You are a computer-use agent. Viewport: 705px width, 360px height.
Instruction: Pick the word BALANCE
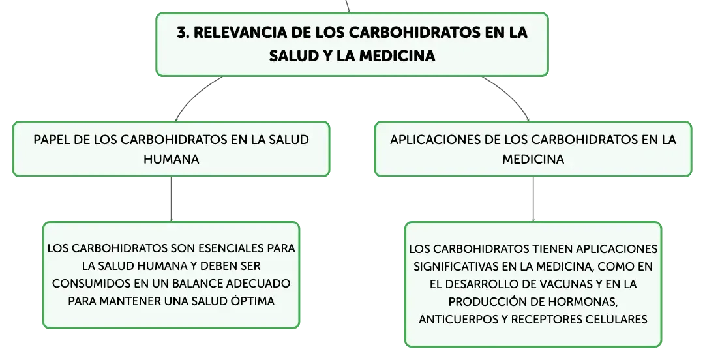coord(197,284)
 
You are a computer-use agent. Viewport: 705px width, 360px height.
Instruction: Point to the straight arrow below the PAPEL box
coord(171,199)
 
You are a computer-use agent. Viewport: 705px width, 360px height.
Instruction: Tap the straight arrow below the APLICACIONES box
coord(533,199)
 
